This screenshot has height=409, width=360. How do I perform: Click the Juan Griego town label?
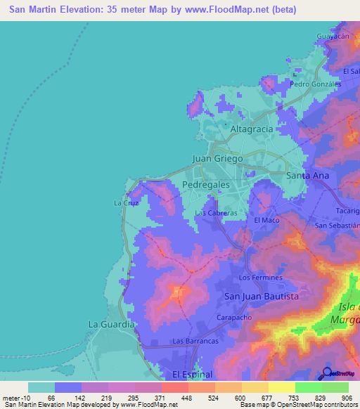pyautogui.click(x=217, y=159)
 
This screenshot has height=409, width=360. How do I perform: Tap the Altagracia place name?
pyautogui.click(x=251, y=130)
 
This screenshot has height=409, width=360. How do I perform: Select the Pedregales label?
pyautogui.click(x=206, y=184)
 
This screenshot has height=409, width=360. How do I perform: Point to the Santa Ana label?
pyautogui.click(x=307, y=175)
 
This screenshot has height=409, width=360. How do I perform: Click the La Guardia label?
pyautogui.click(x=111, y=324)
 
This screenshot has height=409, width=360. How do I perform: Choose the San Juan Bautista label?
pyautogui.click(x=261, y=297)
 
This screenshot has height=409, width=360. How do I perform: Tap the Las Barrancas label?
pyautogui.click(x=193, y=342)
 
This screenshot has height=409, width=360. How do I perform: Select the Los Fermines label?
pyautogui.click(x=261, y=278)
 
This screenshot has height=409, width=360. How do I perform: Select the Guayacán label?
pyautogui.click(x=333, y=36)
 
